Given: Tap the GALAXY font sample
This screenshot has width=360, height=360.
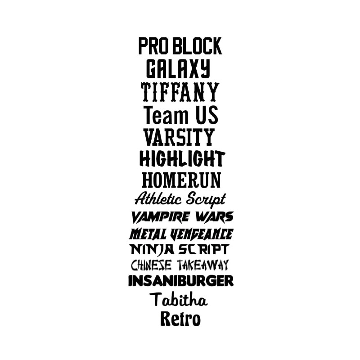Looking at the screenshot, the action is coord(178,69).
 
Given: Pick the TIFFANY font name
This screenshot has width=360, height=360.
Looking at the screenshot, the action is coord(180,92).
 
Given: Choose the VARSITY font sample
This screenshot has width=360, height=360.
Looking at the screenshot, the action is coord(179,137).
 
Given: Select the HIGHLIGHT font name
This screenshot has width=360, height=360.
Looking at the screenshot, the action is coord(182,159).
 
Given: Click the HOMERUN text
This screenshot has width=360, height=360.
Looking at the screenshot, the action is coord(181,180).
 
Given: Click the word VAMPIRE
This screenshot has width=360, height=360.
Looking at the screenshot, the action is coord(160,217).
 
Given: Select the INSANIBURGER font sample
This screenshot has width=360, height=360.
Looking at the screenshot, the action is coord(181,281).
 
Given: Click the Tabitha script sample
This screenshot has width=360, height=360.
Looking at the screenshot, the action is coord(179,299).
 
